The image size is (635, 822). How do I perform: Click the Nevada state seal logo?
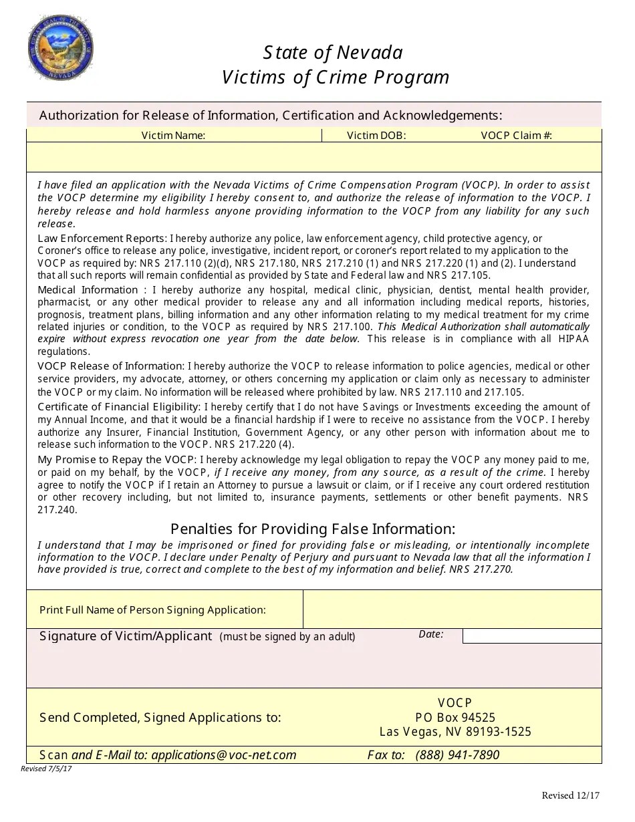(x=60, y=49)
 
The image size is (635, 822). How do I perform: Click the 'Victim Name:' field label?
(x=173, y=136)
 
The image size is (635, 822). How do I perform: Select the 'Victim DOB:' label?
(x=376, y=136)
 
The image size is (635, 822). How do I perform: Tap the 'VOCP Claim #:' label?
(x=516, y=136)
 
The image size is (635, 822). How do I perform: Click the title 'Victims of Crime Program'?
(x=336, y=78)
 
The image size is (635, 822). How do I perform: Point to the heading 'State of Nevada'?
(x=333, y=52)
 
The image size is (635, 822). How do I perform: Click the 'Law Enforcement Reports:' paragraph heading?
(x=102, y=239)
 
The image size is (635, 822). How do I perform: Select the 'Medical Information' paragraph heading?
(x=88, y=289)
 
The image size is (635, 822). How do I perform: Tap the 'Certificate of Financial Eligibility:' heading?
(x=119, y=407)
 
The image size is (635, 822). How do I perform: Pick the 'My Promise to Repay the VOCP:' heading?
(x=118, y=459)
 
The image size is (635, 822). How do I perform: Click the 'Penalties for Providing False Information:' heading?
(x=313, y=529)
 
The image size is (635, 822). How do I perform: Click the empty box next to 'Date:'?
(x=531, y=636)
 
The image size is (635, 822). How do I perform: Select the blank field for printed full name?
(x=452, y=609)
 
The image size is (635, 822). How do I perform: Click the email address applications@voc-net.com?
(x=224, y=755)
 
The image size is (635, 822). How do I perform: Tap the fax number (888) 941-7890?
(x=457, y=755)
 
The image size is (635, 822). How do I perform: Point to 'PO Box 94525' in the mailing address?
(x=455, y=717)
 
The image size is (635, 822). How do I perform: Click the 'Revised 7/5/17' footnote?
(x=47, y=769)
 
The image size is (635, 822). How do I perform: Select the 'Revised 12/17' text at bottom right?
(x=570, y=795)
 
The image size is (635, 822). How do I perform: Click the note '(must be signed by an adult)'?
(x=287, y=636)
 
